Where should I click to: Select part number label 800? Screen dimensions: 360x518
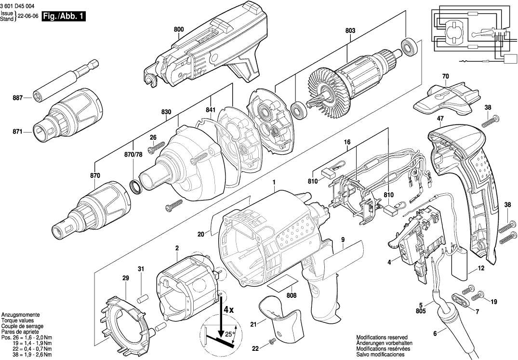[179, 29]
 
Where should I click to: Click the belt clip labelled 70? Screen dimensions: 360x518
[443, 99]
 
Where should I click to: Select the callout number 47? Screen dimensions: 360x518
[440, 118]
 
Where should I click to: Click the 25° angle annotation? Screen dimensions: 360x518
[228, 333]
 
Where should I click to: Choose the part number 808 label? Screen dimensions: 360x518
[291, 295]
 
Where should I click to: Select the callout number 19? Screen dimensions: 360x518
[493, 301]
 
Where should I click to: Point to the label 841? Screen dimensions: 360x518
[211, 110]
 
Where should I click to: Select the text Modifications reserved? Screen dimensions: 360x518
[382, 337]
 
